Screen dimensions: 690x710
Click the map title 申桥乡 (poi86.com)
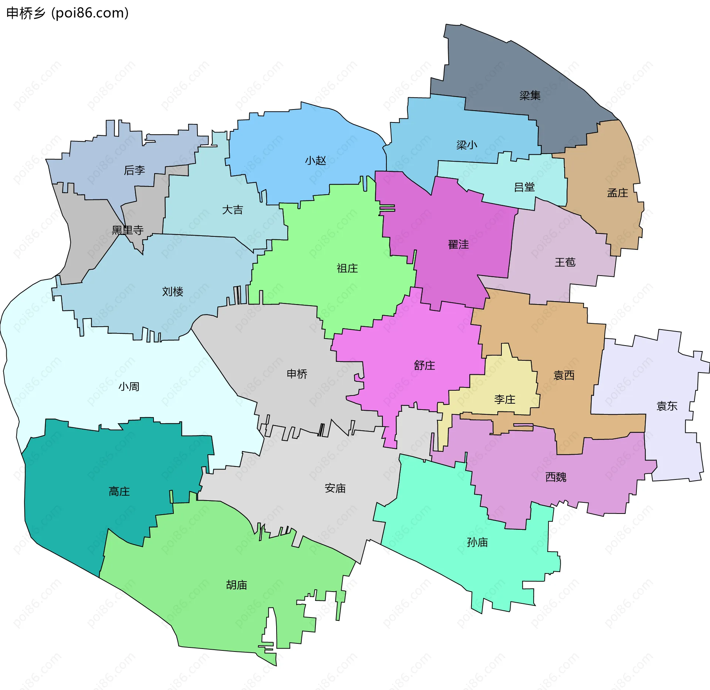coord(68,13)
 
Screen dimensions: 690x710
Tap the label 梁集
coord(530,96)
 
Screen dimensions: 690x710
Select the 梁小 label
coord(467,145)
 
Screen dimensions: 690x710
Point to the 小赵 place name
coord(315,161)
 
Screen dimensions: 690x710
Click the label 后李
coord(134,170)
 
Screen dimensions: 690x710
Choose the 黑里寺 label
coord(128,230)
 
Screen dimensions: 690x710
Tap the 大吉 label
coord(232,210)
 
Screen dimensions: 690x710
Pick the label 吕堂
coord(524,187)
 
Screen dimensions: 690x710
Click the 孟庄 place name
coord(618,193)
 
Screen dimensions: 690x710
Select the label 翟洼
coord(458,245)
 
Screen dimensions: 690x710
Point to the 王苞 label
coord(565,262)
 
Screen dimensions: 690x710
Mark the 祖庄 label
coord(347,268)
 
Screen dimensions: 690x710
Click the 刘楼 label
coord(173,292)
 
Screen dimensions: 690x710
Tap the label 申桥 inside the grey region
coord(297,374)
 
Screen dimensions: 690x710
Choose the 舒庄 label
coord(425,366)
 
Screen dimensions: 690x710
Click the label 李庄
coord(505,400)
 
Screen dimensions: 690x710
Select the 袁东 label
coord(667,406)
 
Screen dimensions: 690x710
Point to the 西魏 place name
coord(556,477)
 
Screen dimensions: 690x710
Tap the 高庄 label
coord(119,492)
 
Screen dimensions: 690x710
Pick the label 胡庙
coord(236,585)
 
